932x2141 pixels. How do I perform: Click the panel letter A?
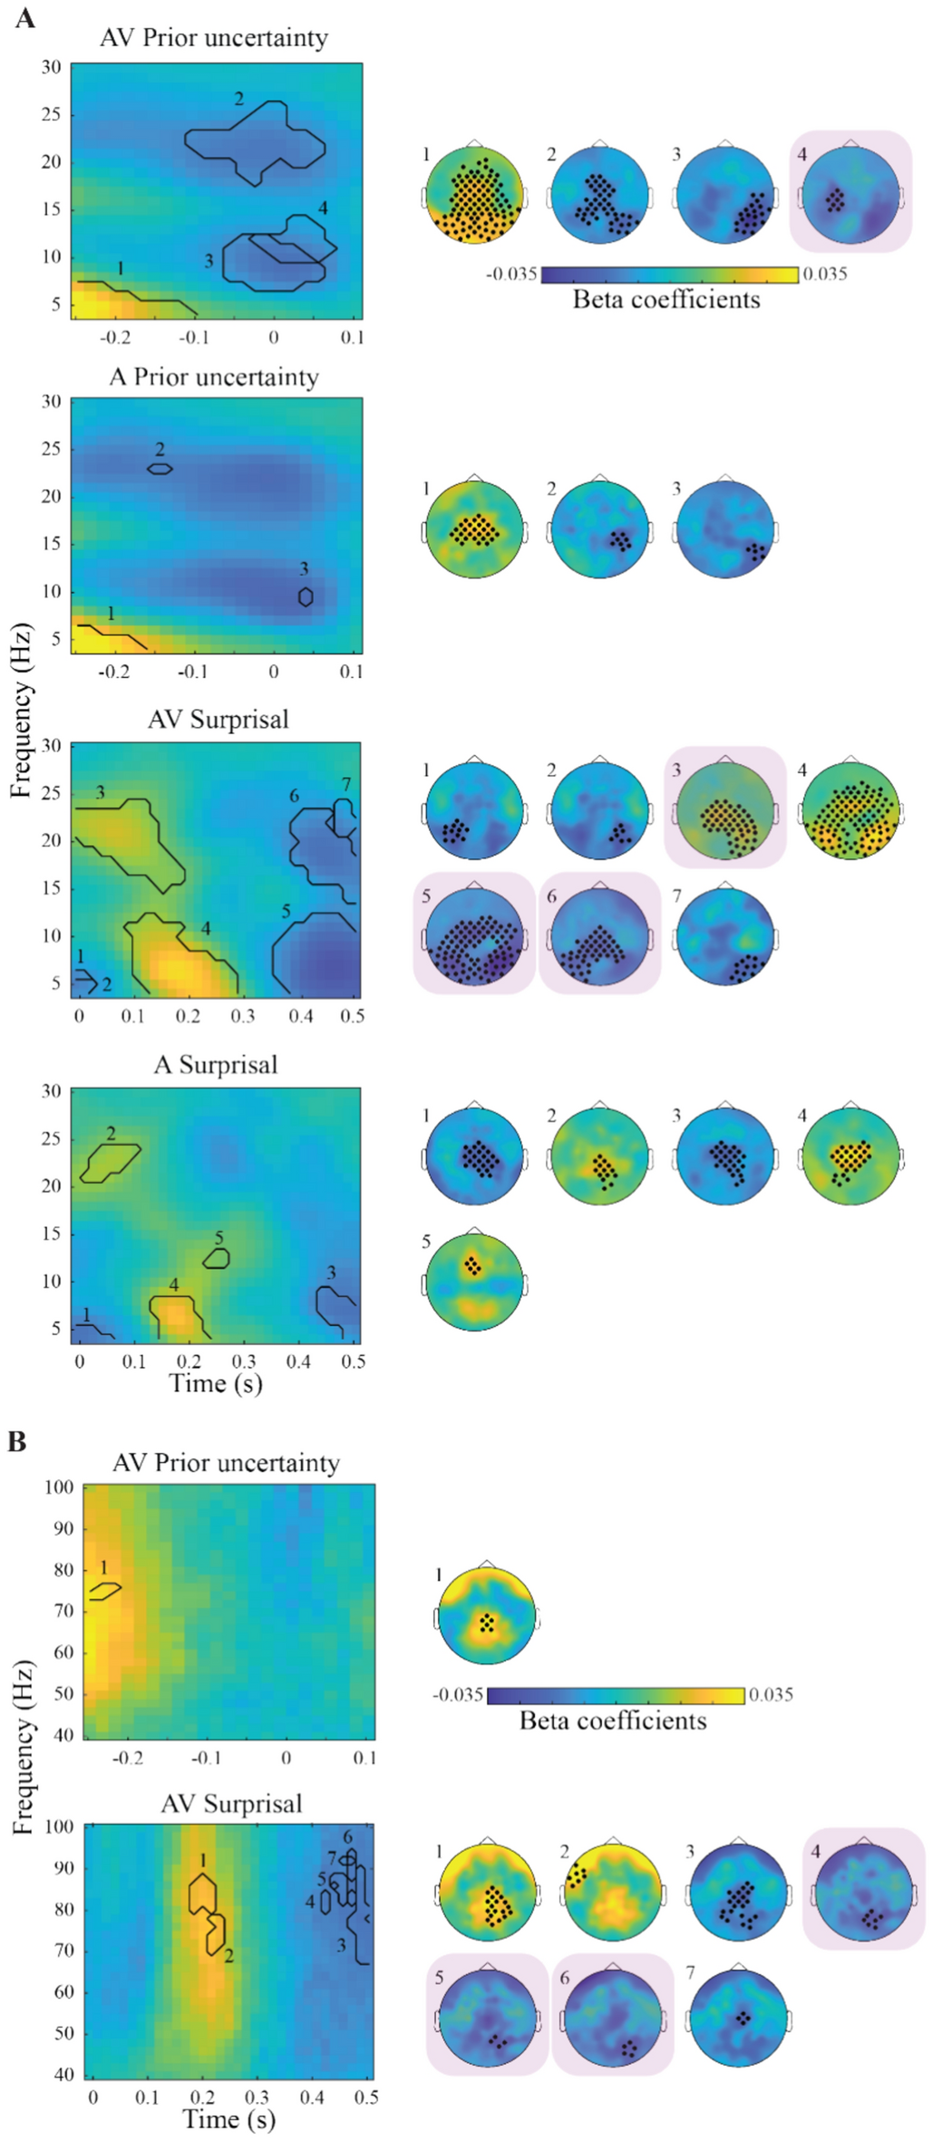coord(24,17)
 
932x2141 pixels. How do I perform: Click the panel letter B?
coord(17,1441)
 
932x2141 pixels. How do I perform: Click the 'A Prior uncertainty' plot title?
coord(214,377)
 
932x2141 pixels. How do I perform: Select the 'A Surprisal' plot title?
coord(216,1064)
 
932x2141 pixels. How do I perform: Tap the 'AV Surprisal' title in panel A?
coord(218,720)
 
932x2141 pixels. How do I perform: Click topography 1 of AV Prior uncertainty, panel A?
coord(475,194)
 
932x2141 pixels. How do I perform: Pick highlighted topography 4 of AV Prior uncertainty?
coord(849,194)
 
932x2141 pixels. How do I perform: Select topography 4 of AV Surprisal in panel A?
coord(849,810)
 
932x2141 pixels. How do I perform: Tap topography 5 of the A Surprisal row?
coord(474,1283)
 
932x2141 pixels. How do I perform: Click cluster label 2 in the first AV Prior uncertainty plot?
coord(239,99)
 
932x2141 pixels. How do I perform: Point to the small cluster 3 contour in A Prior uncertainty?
coord(306,596)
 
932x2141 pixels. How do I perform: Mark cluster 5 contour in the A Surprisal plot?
coord(217,1258)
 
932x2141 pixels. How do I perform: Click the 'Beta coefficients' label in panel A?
coord(666,300)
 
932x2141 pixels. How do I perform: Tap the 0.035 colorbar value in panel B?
coord(771,1694)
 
